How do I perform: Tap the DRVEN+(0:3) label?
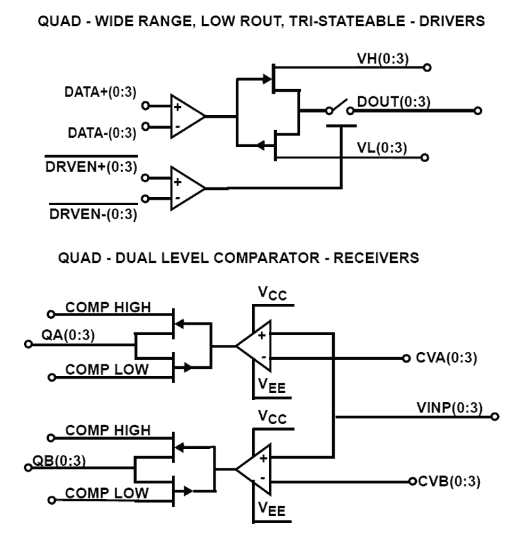[x=91, y=167]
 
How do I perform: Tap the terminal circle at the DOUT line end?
[x=479, y=111]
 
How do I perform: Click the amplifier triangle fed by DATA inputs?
[x=186, y=117]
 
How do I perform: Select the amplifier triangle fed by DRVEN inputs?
[x=186, y=189]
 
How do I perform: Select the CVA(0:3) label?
[x=449, y=358]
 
